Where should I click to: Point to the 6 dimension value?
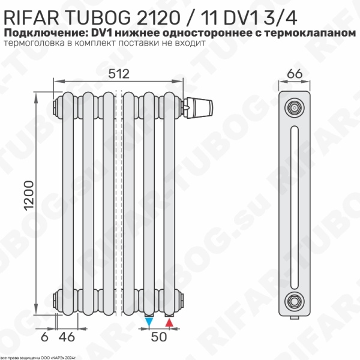pos(44,337)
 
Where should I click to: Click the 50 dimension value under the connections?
pos(158,337)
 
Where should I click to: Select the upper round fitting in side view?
pos(294,108)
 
